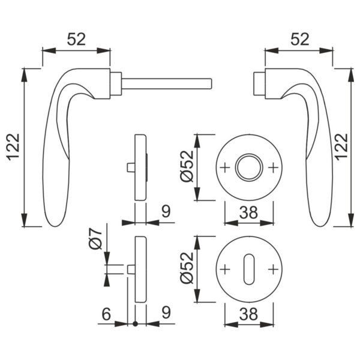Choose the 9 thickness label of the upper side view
[x=166, y=211]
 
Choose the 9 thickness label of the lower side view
[x=166, y=313]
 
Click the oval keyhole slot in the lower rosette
[x=248, y=268]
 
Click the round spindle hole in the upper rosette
[x=248, y=167]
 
